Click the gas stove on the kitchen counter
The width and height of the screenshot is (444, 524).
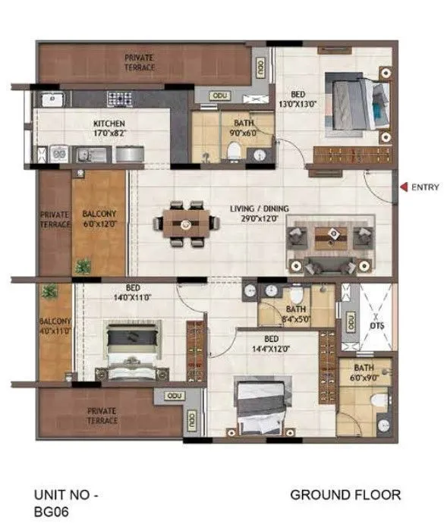point(119,98)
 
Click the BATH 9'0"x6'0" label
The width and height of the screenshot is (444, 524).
point(244,128)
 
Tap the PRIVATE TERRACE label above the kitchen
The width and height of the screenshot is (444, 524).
point(141,62)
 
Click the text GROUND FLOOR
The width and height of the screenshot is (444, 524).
point(345,495)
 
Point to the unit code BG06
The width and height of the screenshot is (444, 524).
point(53,513)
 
